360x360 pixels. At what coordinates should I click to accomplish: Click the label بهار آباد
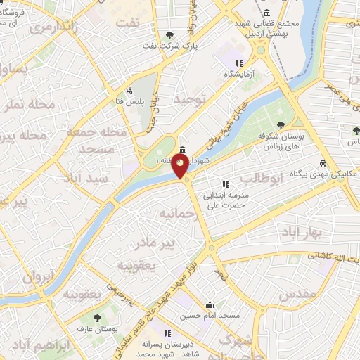306,231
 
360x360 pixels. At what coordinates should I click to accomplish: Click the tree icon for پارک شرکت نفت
169,35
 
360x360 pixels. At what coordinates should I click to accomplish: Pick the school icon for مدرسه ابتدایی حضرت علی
225,184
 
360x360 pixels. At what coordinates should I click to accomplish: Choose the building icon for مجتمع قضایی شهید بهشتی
267,13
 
